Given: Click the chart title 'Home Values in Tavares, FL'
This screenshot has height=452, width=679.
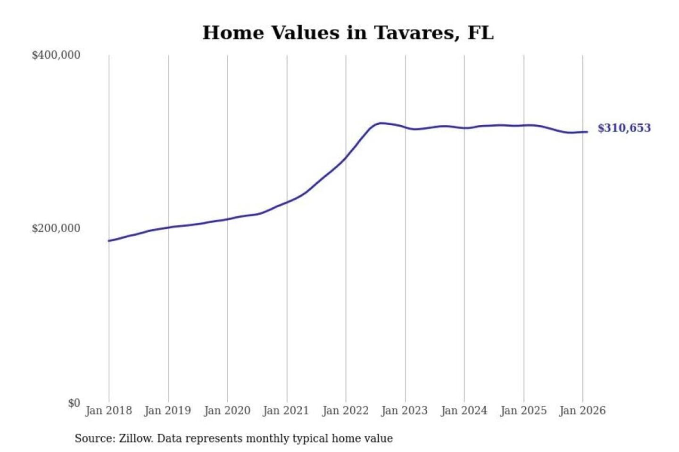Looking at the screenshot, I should coord(348,33).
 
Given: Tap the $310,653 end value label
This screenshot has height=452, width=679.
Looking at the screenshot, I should coord(624,128).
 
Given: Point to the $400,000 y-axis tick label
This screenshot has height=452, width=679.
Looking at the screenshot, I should coord(56,55).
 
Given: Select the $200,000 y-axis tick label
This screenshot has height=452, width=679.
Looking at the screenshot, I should coord(56,228).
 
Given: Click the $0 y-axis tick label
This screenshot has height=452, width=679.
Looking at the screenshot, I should coord(74,403).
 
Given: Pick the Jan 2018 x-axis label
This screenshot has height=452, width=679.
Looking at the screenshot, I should coord(108,411).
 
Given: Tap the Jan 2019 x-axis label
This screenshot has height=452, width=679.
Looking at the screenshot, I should coord(168,411).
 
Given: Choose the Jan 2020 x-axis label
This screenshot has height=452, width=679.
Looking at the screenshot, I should coord(227,411).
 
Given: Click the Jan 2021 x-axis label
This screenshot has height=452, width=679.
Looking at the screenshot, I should coord(286,411).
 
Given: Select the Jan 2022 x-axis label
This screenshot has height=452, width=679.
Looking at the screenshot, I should coord(345,411).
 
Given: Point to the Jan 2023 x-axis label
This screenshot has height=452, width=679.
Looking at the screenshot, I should coord(405,411).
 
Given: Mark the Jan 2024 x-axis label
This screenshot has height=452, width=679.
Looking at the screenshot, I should coord(464,411).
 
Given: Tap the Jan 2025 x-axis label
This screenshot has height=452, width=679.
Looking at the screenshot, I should coord(523,411).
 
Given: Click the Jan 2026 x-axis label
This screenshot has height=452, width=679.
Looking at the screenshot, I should coord(582,411).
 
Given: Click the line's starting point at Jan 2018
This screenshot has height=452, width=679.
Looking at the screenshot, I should coord(109,241).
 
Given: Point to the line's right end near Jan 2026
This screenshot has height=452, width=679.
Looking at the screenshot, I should coord(587,132).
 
